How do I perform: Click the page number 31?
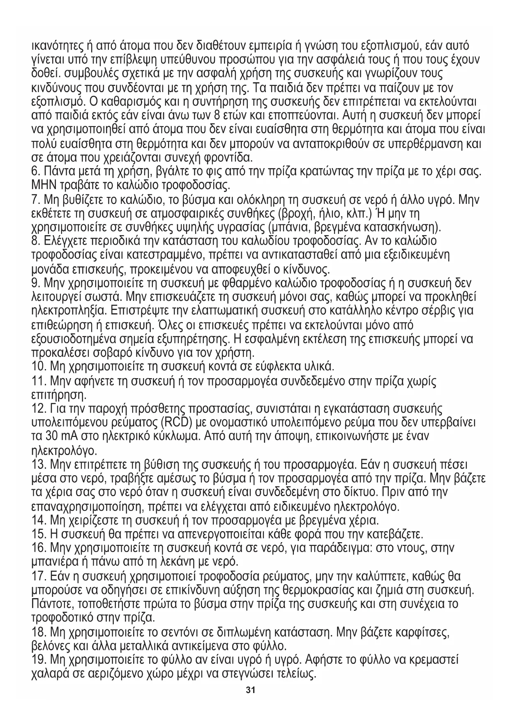[251, 690]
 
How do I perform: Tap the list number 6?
[35, 170]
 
